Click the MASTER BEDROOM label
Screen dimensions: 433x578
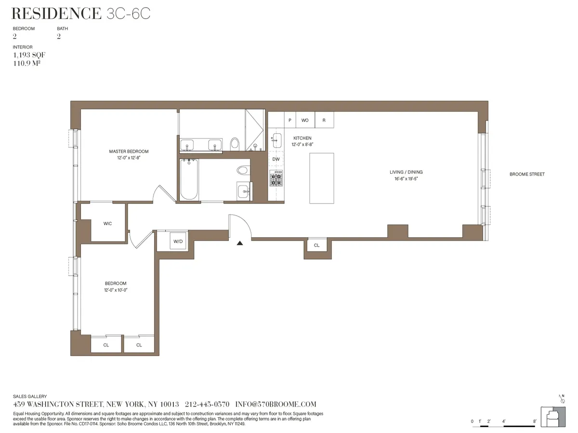coord(129,152)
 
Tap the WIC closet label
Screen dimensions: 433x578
coord(108,224)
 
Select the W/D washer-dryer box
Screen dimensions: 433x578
coord(178,242)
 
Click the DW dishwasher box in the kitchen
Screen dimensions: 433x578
coord(276,159)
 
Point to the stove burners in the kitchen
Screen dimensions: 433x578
coord(276,178)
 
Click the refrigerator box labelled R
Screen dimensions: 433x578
coord(324,120)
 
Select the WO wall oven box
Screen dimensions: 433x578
coord(305,120)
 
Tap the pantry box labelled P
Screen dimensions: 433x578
coord(290,120)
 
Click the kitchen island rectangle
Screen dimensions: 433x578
coord(321,178)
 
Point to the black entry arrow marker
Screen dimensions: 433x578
coord(240,243)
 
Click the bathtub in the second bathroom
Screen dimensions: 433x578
coord(189,180)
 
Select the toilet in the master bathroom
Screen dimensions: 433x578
coord(235,143)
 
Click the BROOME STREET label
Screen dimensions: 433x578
coord(527,174)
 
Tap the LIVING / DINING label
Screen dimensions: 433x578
coord(406,172)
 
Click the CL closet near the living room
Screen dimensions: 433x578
coord(316,245)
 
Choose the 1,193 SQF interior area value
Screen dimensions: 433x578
coord(29,55)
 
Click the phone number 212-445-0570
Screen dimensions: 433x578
coord(207,405)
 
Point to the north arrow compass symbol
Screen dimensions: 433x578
coord(562,399)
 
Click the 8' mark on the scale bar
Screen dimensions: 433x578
coord(535,421)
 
